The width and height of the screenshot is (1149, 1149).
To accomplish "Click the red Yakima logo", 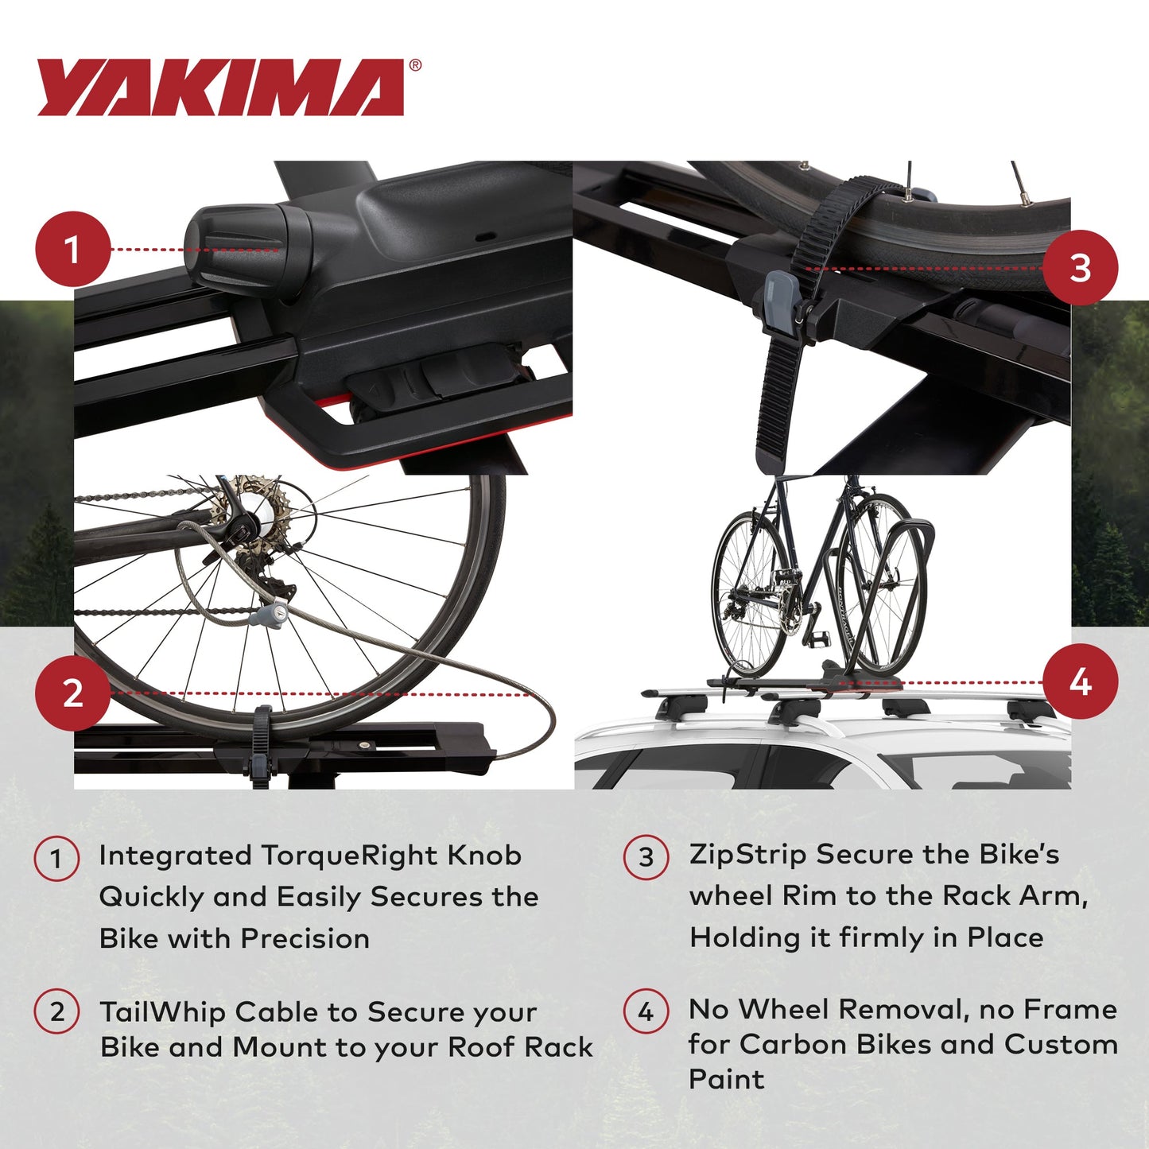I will (221, 87).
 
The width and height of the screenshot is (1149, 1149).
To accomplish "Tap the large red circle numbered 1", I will (72, 249).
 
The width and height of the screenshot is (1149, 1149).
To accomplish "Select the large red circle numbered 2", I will (72, 693).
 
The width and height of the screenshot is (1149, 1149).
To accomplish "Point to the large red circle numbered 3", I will (1080, 268).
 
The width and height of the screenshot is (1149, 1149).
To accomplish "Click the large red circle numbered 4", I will (1080, 682).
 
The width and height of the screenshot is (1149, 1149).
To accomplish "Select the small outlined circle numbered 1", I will (56, 859).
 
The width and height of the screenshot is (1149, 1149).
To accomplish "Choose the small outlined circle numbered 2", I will (56, 1012).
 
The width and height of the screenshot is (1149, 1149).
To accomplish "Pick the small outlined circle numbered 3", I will (646, 857).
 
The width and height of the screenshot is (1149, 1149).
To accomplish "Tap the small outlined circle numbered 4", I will (646, 1011).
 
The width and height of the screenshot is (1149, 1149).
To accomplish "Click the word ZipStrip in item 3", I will (748, 855).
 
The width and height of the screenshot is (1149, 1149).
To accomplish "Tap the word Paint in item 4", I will (726, 1079).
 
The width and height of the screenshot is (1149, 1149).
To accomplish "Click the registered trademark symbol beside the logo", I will (415, 66).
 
